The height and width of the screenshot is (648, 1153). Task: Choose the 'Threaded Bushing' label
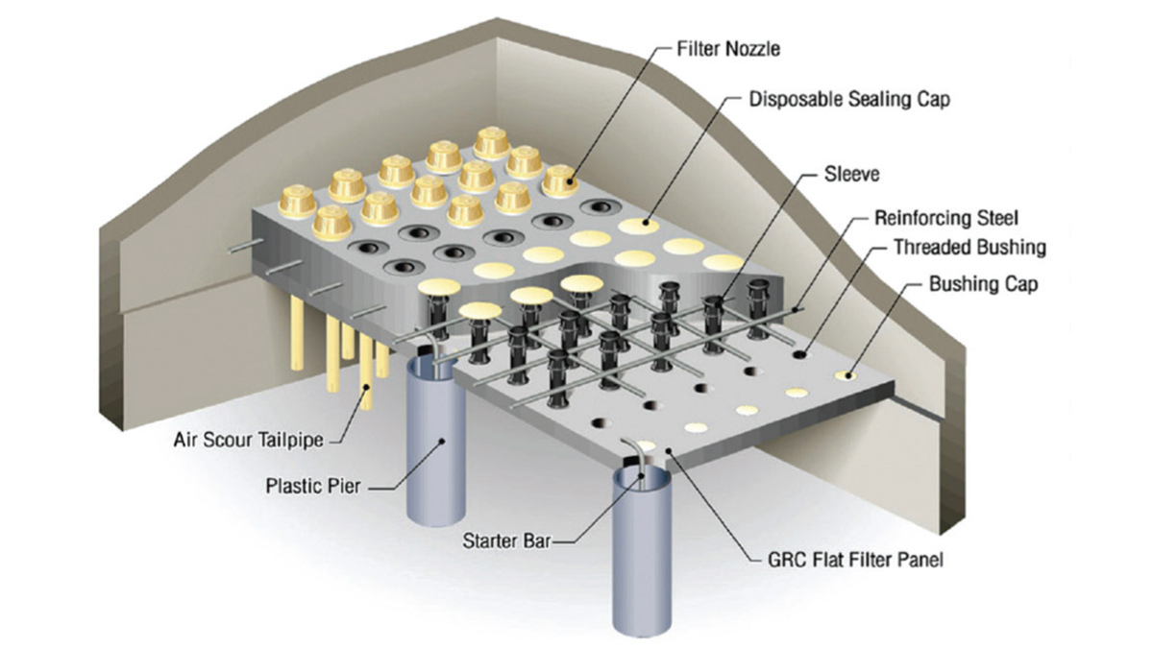point(969,247)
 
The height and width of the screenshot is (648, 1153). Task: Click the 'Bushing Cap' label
point(983,284)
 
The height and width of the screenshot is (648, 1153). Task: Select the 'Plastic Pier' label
point(313,486)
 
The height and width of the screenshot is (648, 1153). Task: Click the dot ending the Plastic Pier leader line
point(444,443)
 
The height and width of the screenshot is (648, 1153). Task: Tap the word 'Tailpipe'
point(291,441)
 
